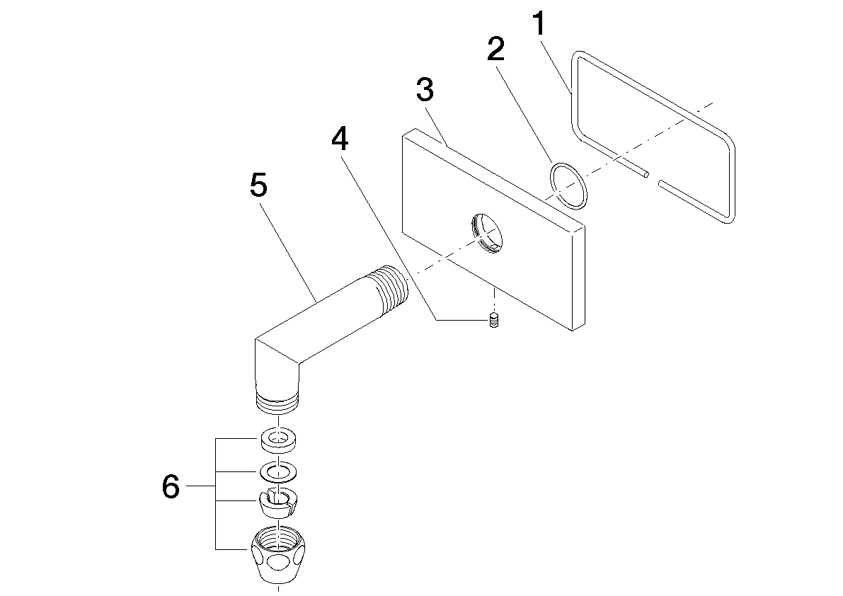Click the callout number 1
(539, 25)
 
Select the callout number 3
(425, 90)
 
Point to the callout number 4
(339, 139)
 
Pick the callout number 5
(258, 185)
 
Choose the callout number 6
(171, 487)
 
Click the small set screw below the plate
(493, 321)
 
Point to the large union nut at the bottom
(278, 554)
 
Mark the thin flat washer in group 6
(278, 472)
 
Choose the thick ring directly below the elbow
(278, 440)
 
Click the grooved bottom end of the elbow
(277, 402)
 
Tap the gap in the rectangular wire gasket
(653, 178)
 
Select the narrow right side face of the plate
(578, 277)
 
